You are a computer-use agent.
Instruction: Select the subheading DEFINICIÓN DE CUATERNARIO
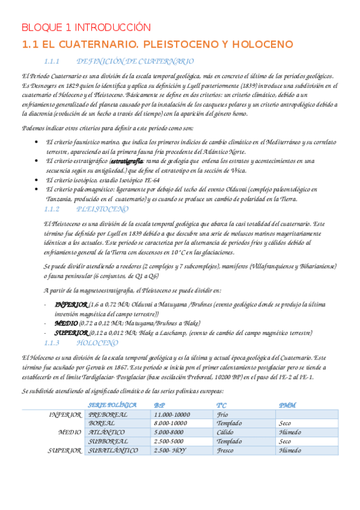coord(136,61)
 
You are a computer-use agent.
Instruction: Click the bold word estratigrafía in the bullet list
coord(127,161)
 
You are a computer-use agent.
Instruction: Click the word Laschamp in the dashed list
coord(179,333)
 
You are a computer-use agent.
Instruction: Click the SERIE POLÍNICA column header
coord(112,389)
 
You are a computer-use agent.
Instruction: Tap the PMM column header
coord(288,389)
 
